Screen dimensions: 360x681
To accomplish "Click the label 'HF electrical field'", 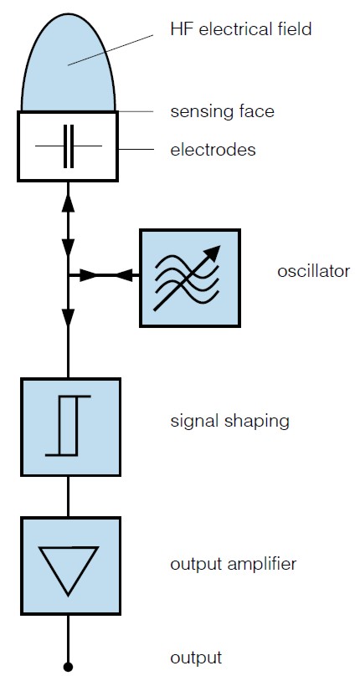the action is pyautogui.click(x=241, y=29).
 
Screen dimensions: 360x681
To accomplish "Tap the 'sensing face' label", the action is pyautogui.click(x=222, y=111).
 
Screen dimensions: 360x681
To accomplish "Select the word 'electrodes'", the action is pyautogui.click(x=213, y=150).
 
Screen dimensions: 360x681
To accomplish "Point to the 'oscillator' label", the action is pyautogui.click(x=313, y=271).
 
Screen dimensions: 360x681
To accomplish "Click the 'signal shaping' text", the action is pyautogui.click(x=229, y=421).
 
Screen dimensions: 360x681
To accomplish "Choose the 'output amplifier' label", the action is pyautogui.click(x=233, y=564).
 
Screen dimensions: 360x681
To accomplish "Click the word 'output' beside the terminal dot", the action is pyautogui.click(x=196, y=658).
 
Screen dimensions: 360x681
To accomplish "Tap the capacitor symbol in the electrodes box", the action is pyautogui.click(x=69, y=146).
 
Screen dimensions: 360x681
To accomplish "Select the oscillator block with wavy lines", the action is pyautogui.click(x=190, y=278).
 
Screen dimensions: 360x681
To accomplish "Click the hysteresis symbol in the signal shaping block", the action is pyautogui.click(x=69, y=426).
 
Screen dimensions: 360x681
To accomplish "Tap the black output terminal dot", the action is pyautogui.click(x=68, y=667).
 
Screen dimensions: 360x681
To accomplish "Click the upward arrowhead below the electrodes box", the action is pyautogui.click(x=69, y=203).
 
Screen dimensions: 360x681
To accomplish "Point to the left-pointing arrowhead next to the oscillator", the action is pyautogui.click(x=125, y=275).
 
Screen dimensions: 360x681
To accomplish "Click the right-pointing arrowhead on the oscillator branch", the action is pyautogui.click(x=89, y=275).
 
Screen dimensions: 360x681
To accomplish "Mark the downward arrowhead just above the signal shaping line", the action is pyautogui.click(x=69, y=317).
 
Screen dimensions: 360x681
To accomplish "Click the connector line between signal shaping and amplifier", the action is pyautogui.click(x=69, y=496).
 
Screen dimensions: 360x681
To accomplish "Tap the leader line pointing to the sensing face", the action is pyautogui.click(x=136, y=111).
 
